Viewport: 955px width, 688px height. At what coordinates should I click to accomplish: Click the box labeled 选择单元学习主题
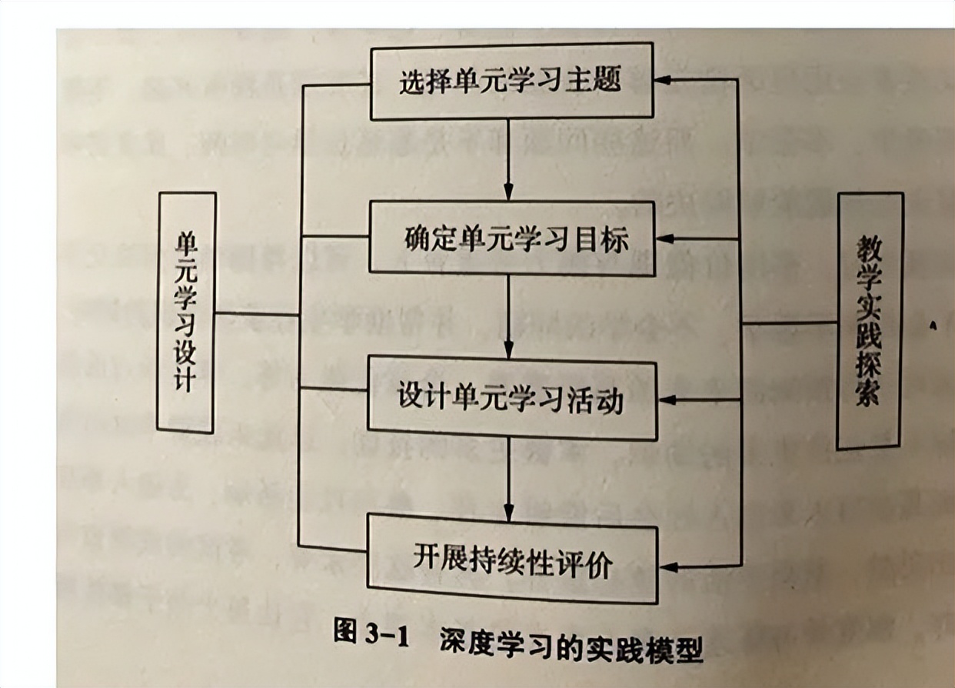[x=511, y=81]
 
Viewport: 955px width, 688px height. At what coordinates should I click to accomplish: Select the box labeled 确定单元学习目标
[x=513, y=238]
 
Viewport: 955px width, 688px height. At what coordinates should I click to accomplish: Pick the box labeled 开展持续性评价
[x=513, y=559]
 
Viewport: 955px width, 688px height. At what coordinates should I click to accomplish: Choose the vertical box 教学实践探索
[x=869, y=320]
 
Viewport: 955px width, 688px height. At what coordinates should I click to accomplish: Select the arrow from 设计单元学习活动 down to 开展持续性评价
[x=508, y=477]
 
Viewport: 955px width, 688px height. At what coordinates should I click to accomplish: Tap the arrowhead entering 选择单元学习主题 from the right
[x=663, y=79]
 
